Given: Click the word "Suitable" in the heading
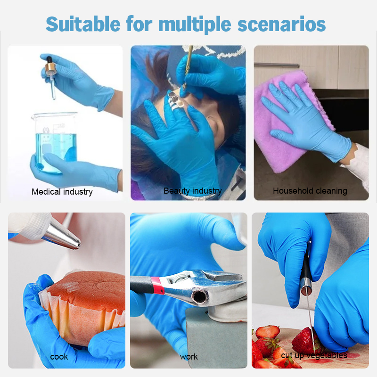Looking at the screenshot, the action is pyautogui.click(x=83, y=24).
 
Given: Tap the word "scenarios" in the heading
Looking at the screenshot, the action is pyautogui.click(x=281, y=24).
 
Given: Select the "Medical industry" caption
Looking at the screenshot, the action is pyautogui.click(x=62, y=192).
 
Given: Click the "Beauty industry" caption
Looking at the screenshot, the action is pyautogui.click(x=193, y=191).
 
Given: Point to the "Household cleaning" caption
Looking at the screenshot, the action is pyautogui.click(x=310, y=191).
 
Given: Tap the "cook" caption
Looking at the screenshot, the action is pyautogui.click(x=59, y=357).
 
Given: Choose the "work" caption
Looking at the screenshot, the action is pyautogui.click(x=189, y=357).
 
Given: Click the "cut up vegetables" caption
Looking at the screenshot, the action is pyautogui.click(x=314, y=355).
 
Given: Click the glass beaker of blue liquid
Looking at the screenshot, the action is pyautogui.click(x=55, y=142).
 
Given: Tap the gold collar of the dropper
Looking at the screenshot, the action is pyautogui.click(x=50, y=68).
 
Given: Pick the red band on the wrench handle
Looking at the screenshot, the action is pyautogui.click(x=157, y=285).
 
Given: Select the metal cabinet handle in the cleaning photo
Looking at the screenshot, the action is pyautogui.click(x=277, y=65).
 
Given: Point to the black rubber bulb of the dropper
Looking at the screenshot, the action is pyautogui.click(x=49, y=59).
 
